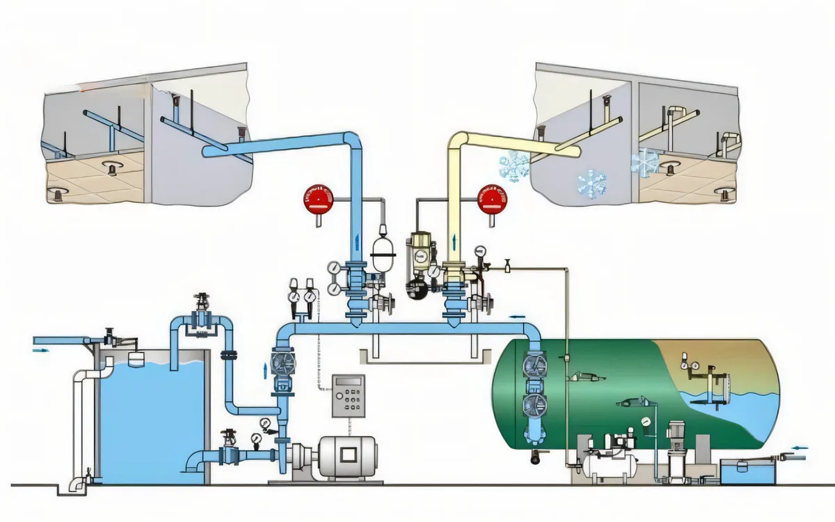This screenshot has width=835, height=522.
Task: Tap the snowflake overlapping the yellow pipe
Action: (514, 166)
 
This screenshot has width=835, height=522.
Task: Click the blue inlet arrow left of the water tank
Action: (43, 351)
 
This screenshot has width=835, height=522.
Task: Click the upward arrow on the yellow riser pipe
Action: (455, 241)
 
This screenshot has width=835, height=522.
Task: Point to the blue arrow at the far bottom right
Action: (800, 448)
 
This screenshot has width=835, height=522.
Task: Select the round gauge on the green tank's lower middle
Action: (647, 421)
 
